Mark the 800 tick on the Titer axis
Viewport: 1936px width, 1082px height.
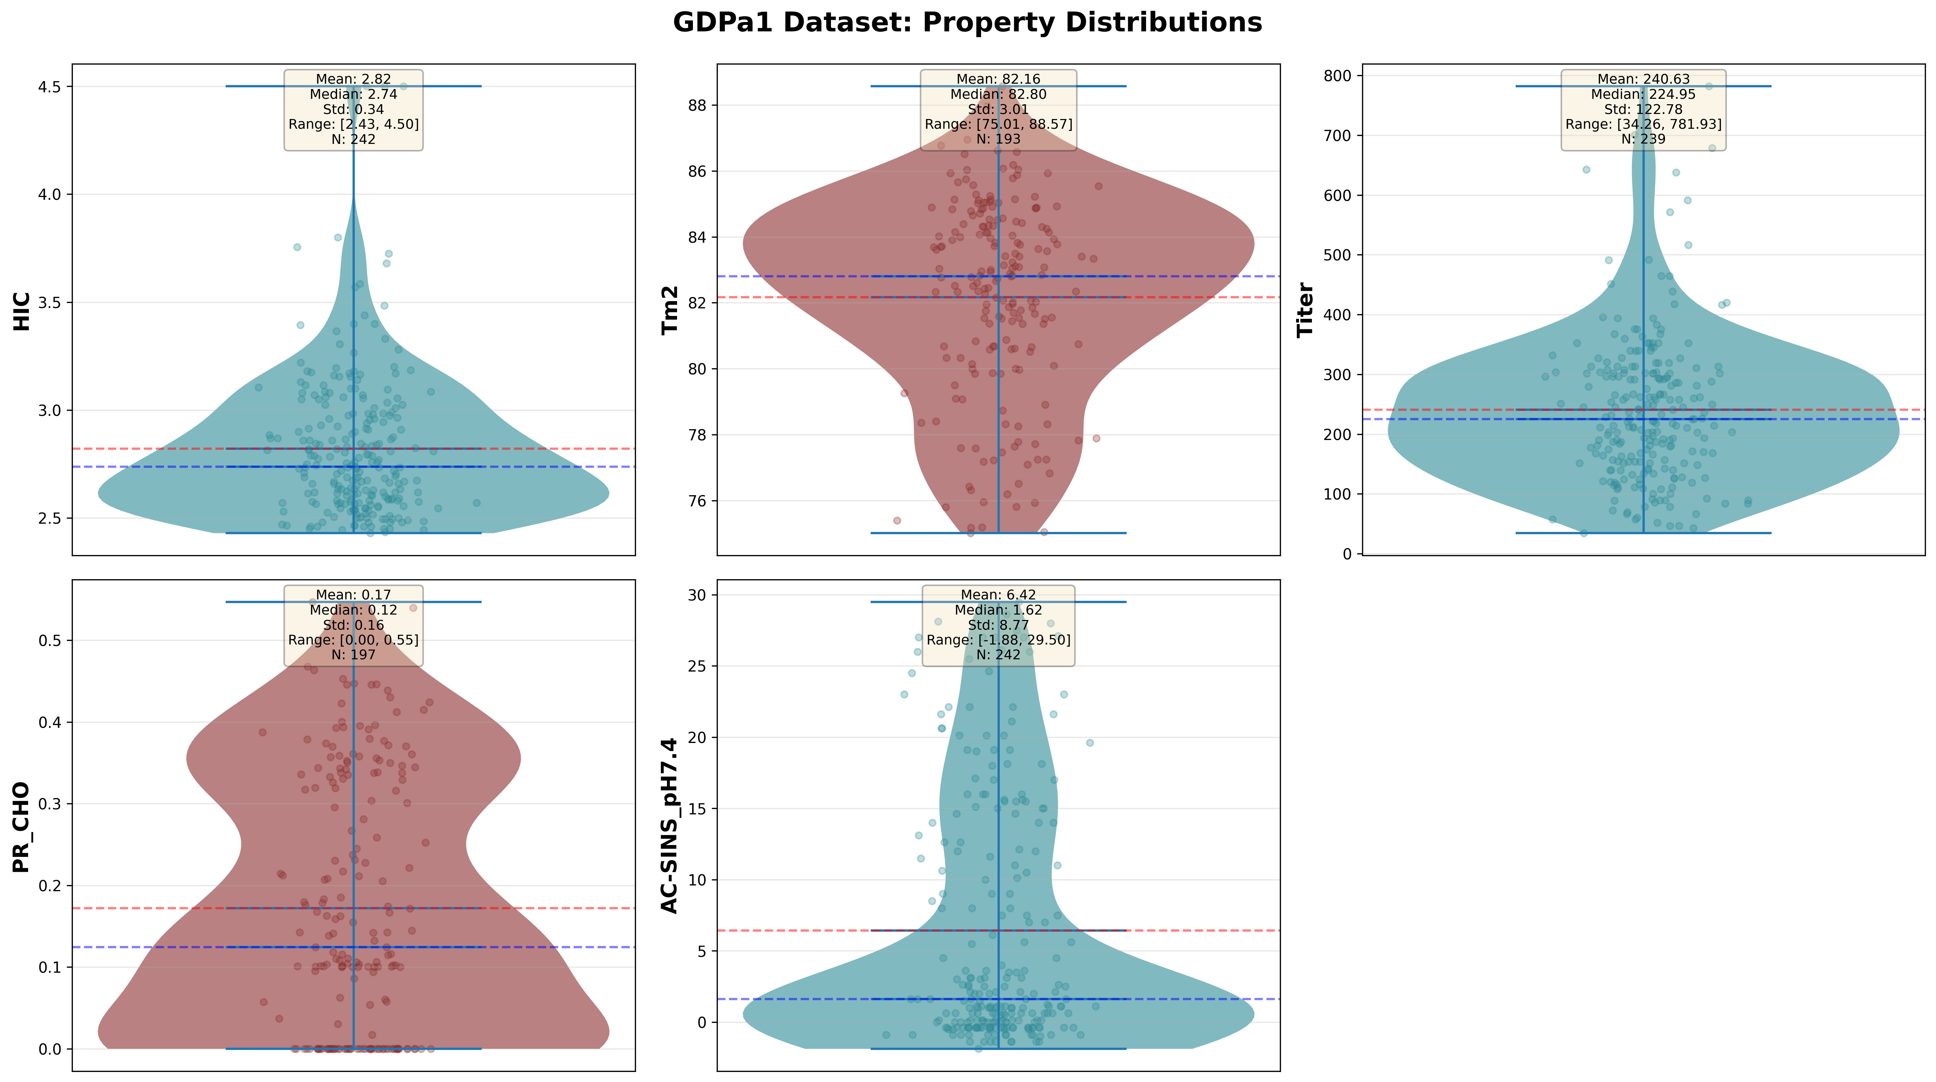click(1338, 76)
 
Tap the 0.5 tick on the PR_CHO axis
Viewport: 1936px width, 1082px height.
click(51, 641)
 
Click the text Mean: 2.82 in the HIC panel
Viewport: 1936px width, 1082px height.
click(353, 79)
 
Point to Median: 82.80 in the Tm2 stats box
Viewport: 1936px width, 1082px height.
click(998, 94)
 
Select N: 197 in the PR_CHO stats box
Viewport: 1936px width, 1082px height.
click(353, 655)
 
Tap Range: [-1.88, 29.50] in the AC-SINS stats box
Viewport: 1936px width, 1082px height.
click(998, 640)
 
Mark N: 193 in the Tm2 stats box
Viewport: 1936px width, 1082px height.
click(998, 139)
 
